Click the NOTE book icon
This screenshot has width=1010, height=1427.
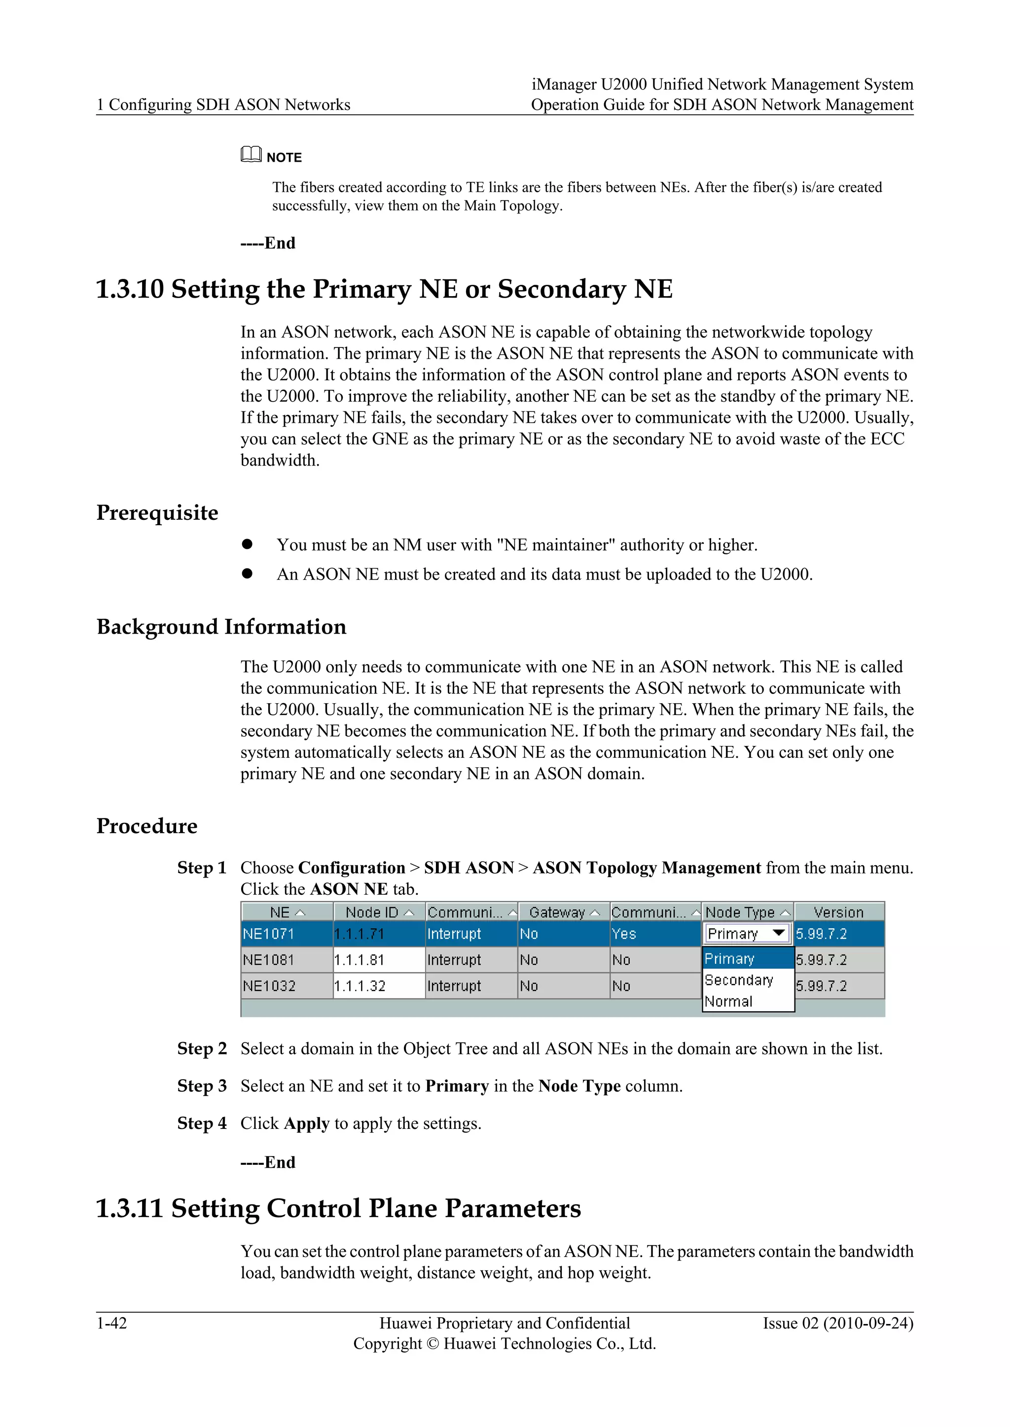click(251, 154)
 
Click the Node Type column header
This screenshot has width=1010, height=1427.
click(746, 912)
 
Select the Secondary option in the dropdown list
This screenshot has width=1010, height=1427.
click(739, 980)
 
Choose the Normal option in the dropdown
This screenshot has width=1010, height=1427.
click(728, 1001)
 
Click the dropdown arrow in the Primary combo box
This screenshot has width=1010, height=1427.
click(778, 933)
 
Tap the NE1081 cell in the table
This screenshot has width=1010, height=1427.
click(269, 959)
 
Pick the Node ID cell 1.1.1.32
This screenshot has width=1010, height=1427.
click(360, 985)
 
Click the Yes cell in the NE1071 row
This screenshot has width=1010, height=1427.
click(624, 934)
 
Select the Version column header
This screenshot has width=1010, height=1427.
click(838, 912)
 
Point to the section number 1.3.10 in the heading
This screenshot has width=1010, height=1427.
click(129, 289)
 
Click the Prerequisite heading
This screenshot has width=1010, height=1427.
click(157, 513)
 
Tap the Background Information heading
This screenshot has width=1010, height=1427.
click(221, 626)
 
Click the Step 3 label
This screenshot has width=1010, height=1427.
click(202, 1086)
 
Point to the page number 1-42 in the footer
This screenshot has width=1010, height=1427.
click(111, 1323)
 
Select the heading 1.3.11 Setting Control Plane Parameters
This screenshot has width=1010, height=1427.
click(338, 1208)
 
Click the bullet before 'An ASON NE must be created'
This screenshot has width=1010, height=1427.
click(248, 573)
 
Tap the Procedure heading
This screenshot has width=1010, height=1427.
click(147, 826)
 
